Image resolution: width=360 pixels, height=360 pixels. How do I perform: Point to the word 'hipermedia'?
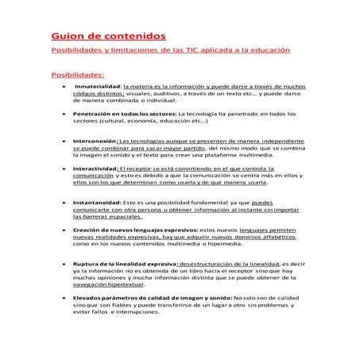tap(211, 246)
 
